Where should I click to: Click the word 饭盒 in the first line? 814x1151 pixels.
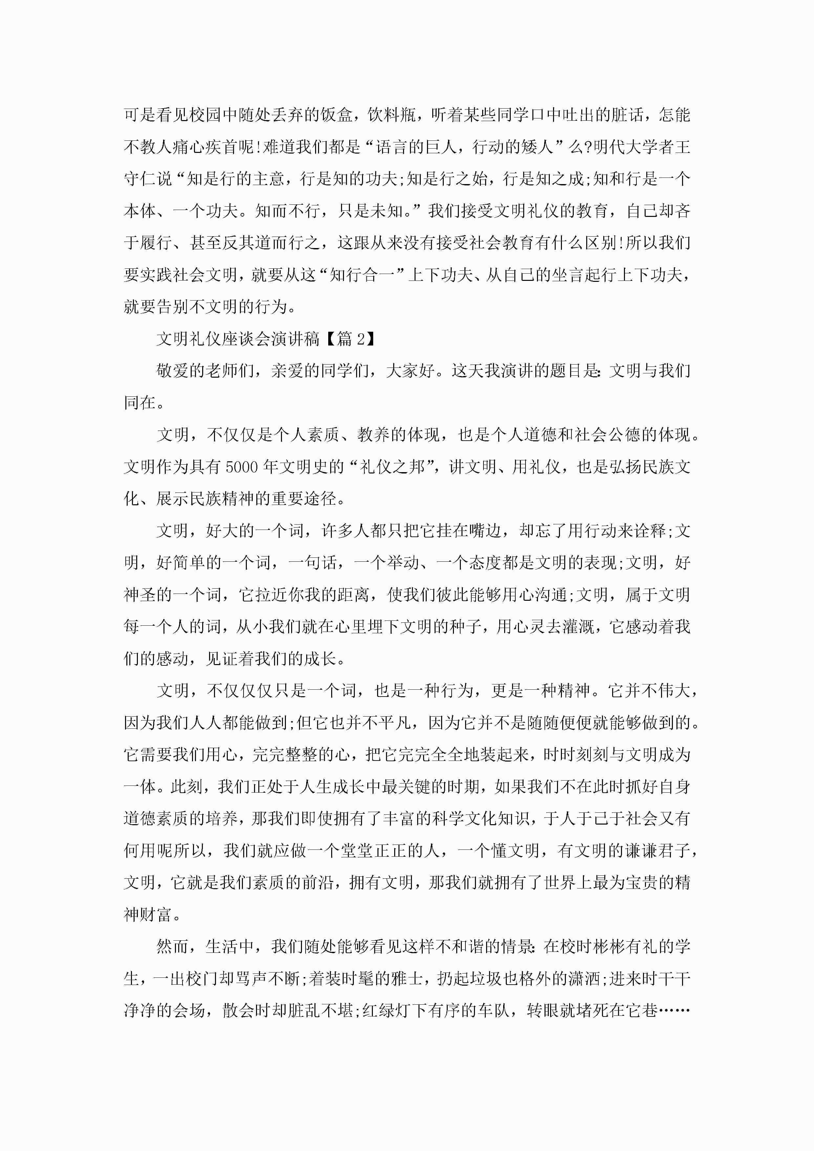(335, 115)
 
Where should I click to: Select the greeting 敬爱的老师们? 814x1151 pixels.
(204, 371)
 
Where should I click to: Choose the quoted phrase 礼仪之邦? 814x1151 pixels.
(392, 467)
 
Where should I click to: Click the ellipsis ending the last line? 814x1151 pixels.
(674, 1010)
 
